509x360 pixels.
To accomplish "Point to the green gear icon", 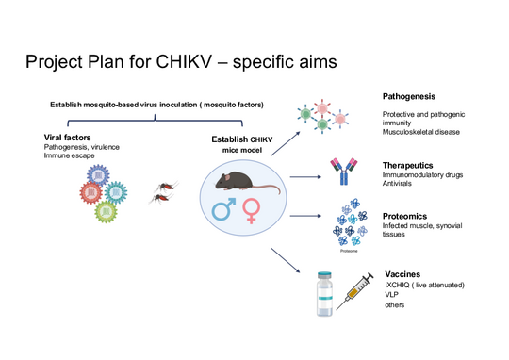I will coord(105,210).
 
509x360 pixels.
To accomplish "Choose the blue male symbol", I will coord(224,208).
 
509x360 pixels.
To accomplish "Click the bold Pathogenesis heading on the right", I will coord(410,97).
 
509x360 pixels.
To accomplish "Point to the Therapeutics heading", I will coord(408,165).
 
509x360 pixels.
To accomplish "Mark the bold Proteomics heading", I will coord(406,216).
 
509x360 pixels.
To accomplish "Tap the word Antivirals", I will coord(400,186).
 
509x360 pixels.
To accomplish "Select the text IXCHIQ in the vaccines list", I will coord(401,285).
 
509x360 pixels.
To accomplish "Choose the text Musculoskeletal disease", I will coord(421,132).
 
